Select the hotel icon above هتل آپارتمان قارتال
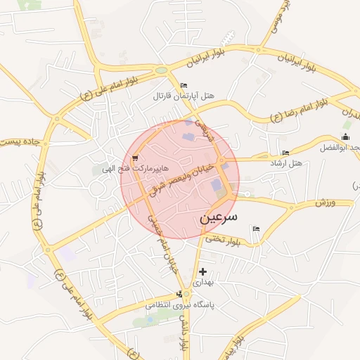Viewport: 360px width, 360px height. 184,85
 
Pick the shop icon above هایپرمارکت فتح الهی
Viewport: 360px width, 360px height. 135,158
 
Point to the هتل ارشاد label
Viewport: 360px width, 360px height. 286,163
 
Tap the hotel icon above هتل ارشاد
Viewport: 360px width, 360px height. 285,153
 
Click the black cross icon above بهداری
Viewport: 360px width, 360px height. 202,271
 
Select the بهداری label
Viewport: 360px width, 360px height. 202,282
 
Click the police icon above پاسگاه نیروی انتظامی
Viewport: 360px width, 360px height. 186,294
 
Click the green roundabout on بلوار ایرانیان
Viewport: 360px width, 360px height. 162,70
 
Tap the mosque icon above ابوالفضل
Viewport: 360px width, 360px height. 345,137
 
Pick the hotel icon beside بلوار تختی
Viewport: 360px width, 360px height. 256,229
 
